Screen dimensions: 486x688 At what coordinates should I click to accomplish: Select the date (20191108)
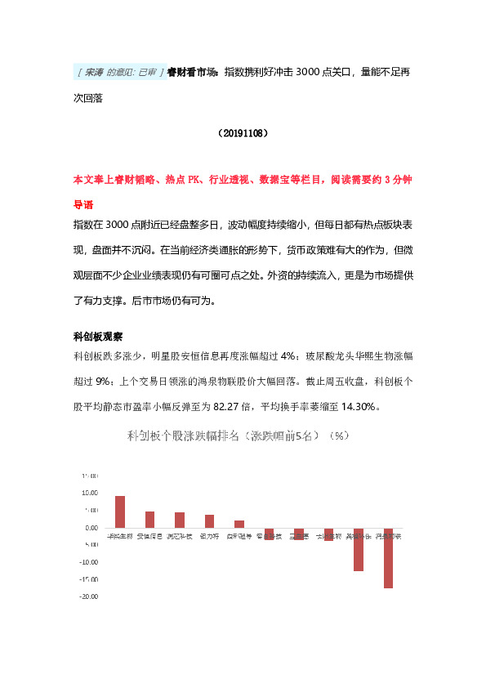pos(243,132)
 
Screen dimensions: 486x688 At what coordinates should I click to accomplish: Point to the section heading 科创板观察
pos(98,337)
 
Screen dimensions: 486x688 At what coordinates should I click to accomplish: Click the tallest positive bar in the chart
pos(120,512)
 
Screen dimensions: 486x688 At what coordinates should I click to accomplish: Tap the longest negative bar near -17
pos(388,558)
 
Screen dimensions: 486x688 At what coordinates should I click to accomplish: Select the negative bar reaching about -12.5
pos(359,549)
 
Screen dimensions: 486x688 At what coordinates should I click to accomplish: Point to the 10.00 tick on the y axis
pos(91,493)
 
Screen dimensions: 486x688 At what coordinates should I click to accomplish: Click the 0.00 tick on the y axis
pos(92,528)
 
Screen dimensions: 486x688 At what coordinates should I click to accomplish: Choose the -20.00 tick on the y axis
pos(89,596)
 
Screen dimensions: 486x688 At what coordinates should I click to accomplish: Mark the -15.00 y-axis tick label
pos(89,579)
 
